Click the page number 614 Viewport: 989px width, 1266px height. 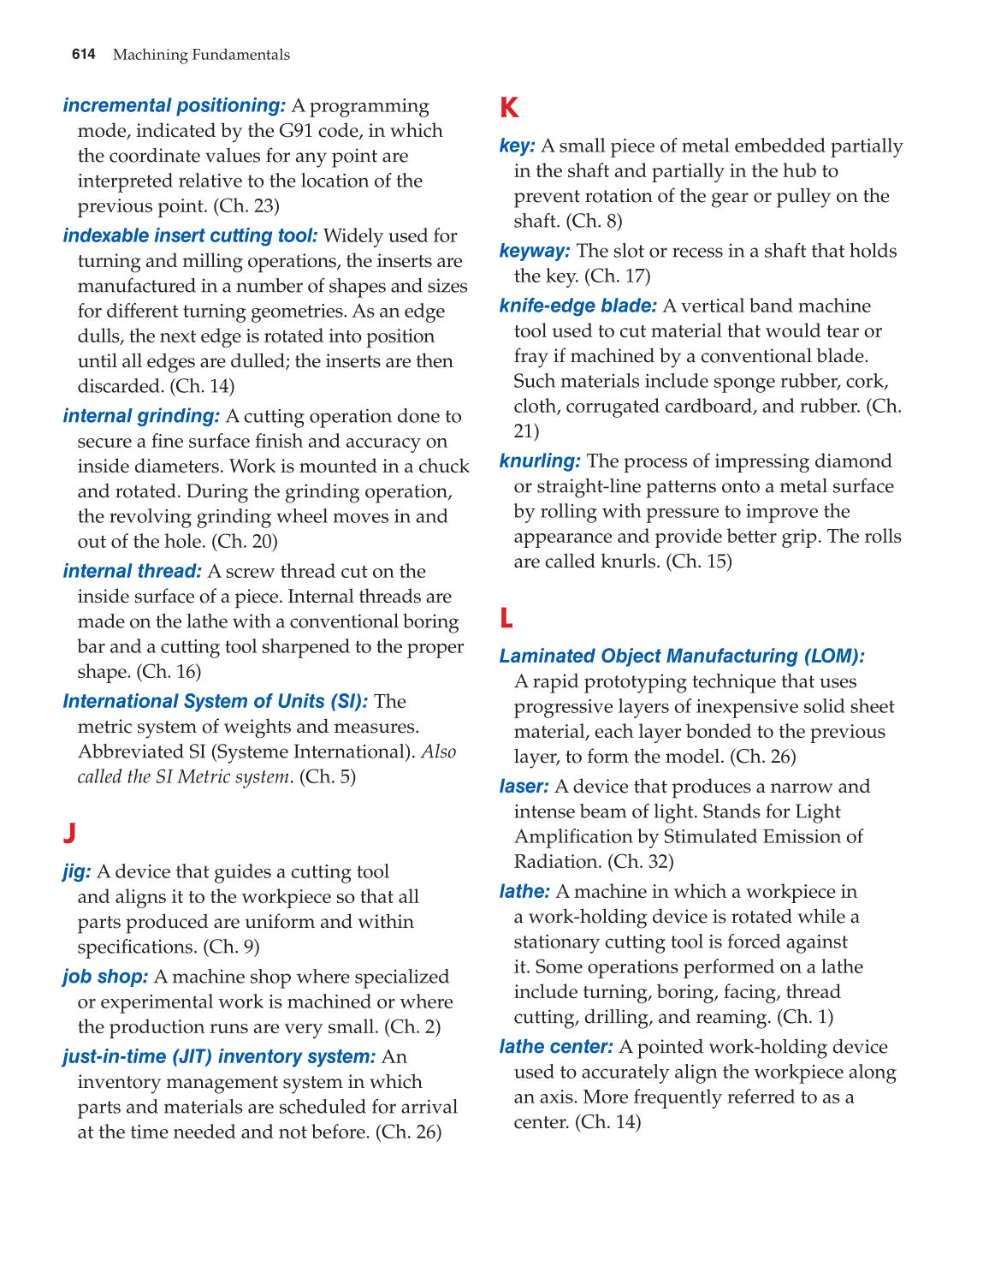pos(83,55)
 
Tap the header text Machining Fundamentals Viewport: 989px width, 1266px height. pos(201,55)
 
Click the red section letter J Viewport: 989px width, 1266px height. pos(69,833)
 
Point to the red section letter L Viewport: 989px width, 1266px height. pos(506,617)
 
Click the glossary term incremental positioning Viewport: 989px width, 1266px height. pos(174,105)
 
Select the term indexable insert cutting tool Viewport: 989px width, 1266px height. pos(190,235)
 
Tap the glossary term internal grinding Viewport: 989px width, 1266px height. pos(141,416)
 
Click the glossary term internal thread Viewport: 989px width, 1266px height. pos(132,571)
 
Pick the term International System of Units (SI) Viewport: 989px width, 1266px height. pos(215,701)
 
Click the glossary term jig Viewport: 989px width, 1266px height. pos(76,871)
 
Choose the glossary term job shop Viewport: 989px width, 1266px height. pos(105,977)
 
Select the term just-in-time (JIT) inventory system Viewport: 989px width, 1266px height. pos(219,1056)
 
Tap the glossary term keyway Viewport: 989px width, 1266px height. pos(534,251)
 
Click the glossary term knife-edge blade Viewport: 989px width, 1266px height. pos(577,306)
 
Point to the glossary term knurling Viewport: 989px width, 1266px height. pos(540,461)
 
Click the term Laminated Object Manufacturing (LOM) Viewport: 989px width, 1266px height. pos(681,656)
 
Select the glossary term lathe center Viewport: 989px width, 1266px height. pos(556,1047)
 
